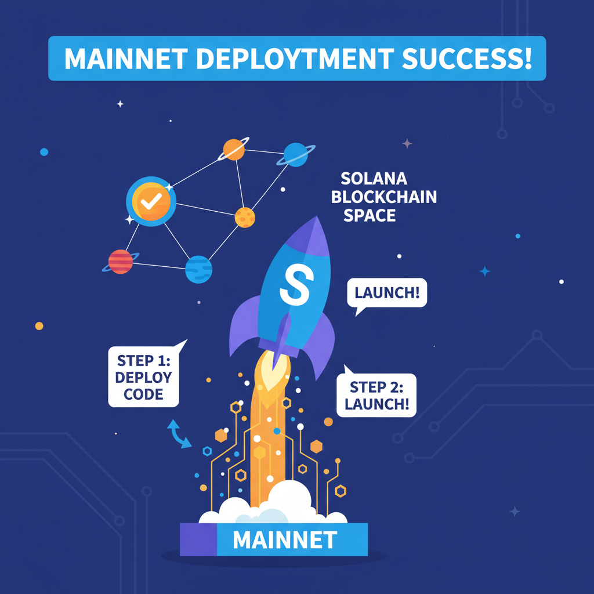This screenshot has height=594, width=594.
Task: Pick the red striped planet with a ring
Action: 121,262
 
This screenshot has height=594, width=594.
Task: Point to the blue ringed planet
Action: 296,154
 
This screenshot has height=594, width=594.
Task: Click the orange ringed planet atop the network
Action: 233,150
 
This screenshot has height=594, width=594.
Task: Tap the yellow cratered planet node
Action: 245,217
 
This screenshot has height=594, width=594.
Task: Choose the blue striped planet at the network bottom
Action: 198,269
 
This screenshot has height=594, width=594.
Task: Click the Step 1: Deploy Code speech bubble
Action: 144,376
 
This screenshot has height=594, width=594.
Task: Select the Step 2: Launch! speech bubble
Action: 376,395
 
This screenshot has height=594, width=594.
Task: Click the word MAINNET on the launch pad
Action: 284,540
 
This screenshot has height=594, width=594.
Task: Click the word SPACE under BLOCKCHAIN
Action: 370,216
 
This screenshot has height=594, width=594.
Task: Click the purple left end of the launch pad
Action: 198,539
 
